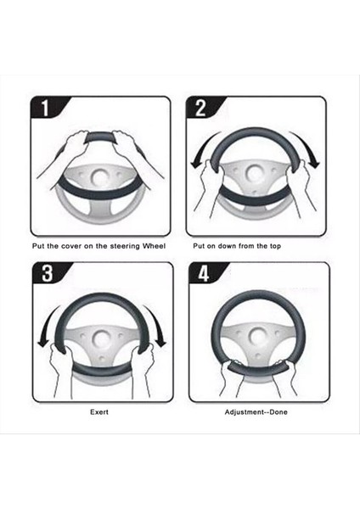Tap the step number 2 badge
(x=202, y=108)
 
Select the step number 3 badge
(x=49, y=273)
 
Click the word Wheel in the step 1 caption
(x=154, y=246)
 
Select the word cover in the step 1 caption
(x=71, y=246)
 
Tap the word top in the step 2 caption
(x=275, y=246)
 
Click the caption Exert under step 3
(x=99, y=412)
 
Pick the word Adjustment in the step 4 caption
(x=244, y=412)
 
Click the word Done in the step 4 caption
(x=278, y=412)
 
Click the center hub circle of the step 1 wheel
(x=100, y=177)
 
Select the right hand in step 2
(x=300, y=185)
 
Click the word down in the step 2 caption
(x=227, y=246)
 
